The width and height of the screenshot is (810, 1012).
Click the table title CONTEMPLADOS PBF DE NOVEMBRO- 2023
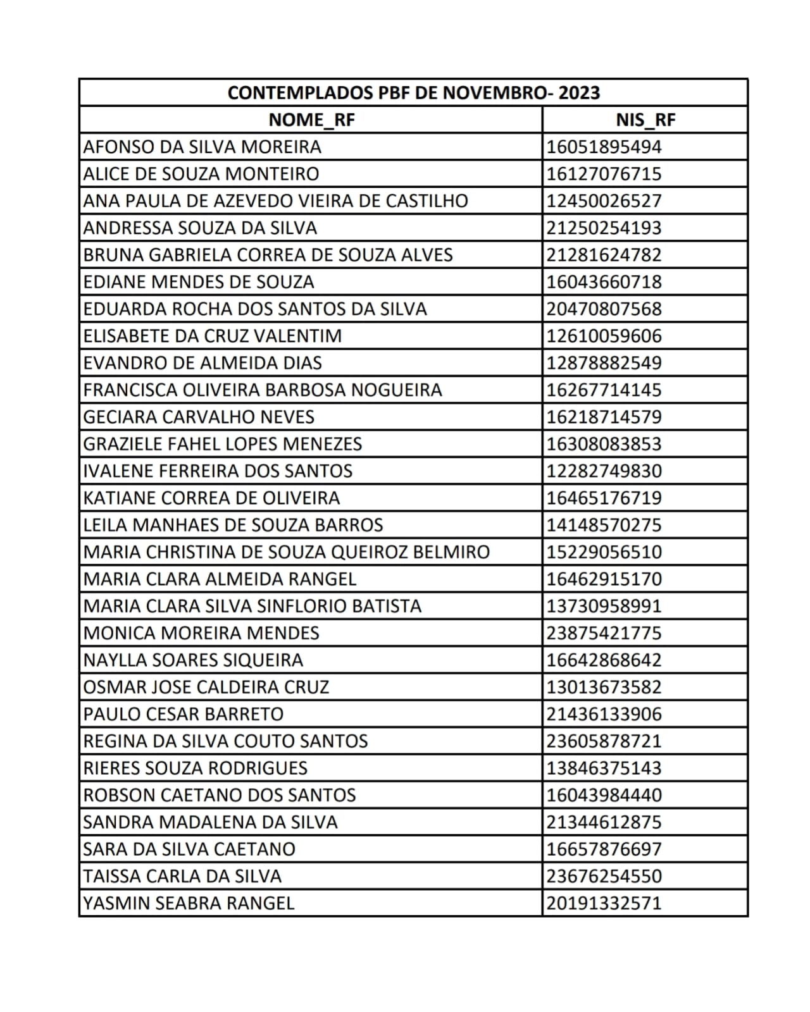(x=413, y=92)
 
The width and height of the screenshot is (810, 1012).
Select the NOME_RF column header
(x=311, y=120)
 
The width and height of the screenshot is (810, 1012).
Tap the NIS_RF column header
(x=645, y=120)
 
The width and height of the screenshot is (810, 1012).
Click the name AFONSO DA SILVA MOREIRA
(x=202, y=147)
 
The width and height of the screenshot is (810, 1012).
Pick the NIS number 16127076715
(x=604, y=174)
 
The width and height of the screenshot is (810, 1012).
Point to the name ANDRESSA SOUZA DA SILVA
(x=200, y=228)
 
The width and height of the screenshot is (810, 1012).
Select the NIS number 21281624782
(x=604, y=255)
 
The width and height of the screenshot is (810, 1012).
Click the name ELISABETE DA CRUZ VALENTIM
(x=213, y=336)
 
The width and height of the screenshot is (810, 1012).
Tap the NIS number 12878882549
(x=604, y=363)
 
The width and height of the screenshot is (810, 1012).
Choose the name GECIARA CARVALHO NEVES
(x=199, y=417)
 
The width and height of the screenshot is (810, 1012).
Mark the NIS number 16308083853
(x=604, y=444)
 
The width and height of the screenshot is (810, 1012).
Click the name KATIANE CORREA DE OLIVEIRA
(x=211, y=498)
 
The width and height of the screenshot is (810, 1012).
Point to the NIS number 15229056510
(x=604, y=552)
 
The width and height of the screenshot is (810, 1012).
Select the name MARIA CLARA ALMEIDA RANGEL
(x=220, y=579)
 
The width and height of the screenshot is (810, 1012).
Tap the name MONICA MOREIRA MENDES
(x=201, y=633)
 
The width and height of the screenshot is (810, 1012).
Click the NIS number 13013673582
(x=604, y=687)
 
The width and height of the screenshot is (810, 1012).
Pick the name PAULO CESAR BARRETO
(x=184, y=714)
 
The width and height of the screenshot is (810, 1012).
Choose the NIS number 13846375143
(x=604, y=768)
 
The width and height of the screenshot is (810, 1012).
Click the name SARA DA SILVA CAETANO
(x=189, y=849)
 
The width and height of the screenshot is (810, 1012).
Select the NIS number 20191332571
(x=604, y=903)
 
